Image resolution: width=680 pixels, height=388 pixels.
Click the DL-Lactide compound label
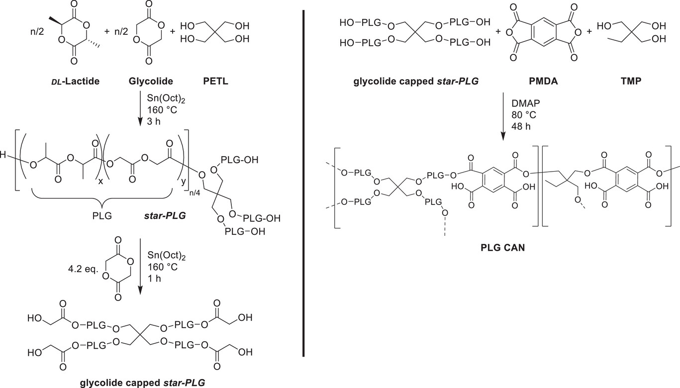pos(74,81)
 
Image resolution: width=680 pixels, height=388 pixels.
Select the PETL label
pos(215,81)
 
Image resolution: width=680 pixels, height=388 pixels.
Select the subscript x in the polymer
pos(100,182)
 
